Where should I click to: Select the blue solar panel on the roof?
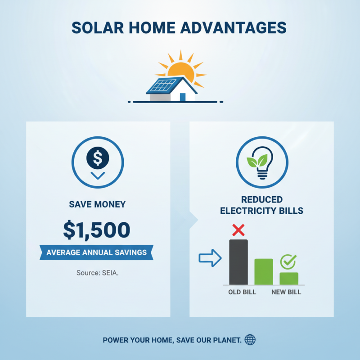point(162,85)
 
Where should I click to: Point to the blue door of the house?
point(183,97)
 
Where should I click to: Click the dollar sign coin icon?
point(98,157)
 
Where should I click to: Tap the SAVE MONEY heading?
point(97,204)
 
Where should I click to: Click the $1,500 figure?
point(97,230)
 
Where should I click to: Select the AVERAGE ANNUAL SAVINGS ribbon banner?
point(97,252)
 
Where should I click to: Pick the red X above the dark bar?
point(238,230)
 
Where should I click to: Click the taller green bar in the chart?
point(264,271)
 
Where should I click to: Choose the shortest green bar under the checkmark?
point(289,278)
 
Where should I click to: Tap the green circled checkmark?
point(288,261)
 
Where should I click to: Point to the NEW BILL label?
point(286,292)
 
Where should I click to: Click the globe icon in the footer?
point(250,340)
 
